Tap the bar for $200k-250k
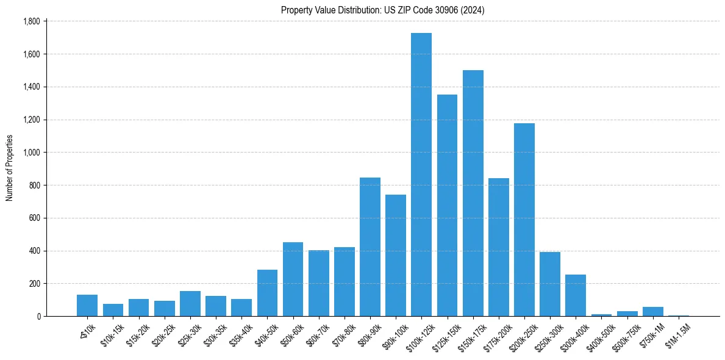[x=524, y=220]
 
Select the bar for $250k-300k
[x=550, y=284]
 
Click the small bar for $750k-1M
[x=652, y=311]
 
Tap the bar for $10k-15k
[x=113, y=310]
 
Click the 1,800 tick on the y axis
[x=31, y=21]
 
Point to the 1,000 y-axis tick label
[x=31, y=153]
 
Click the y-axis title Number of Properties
[x=9, y=168]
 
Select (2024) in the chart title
[x=473, y=10]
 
